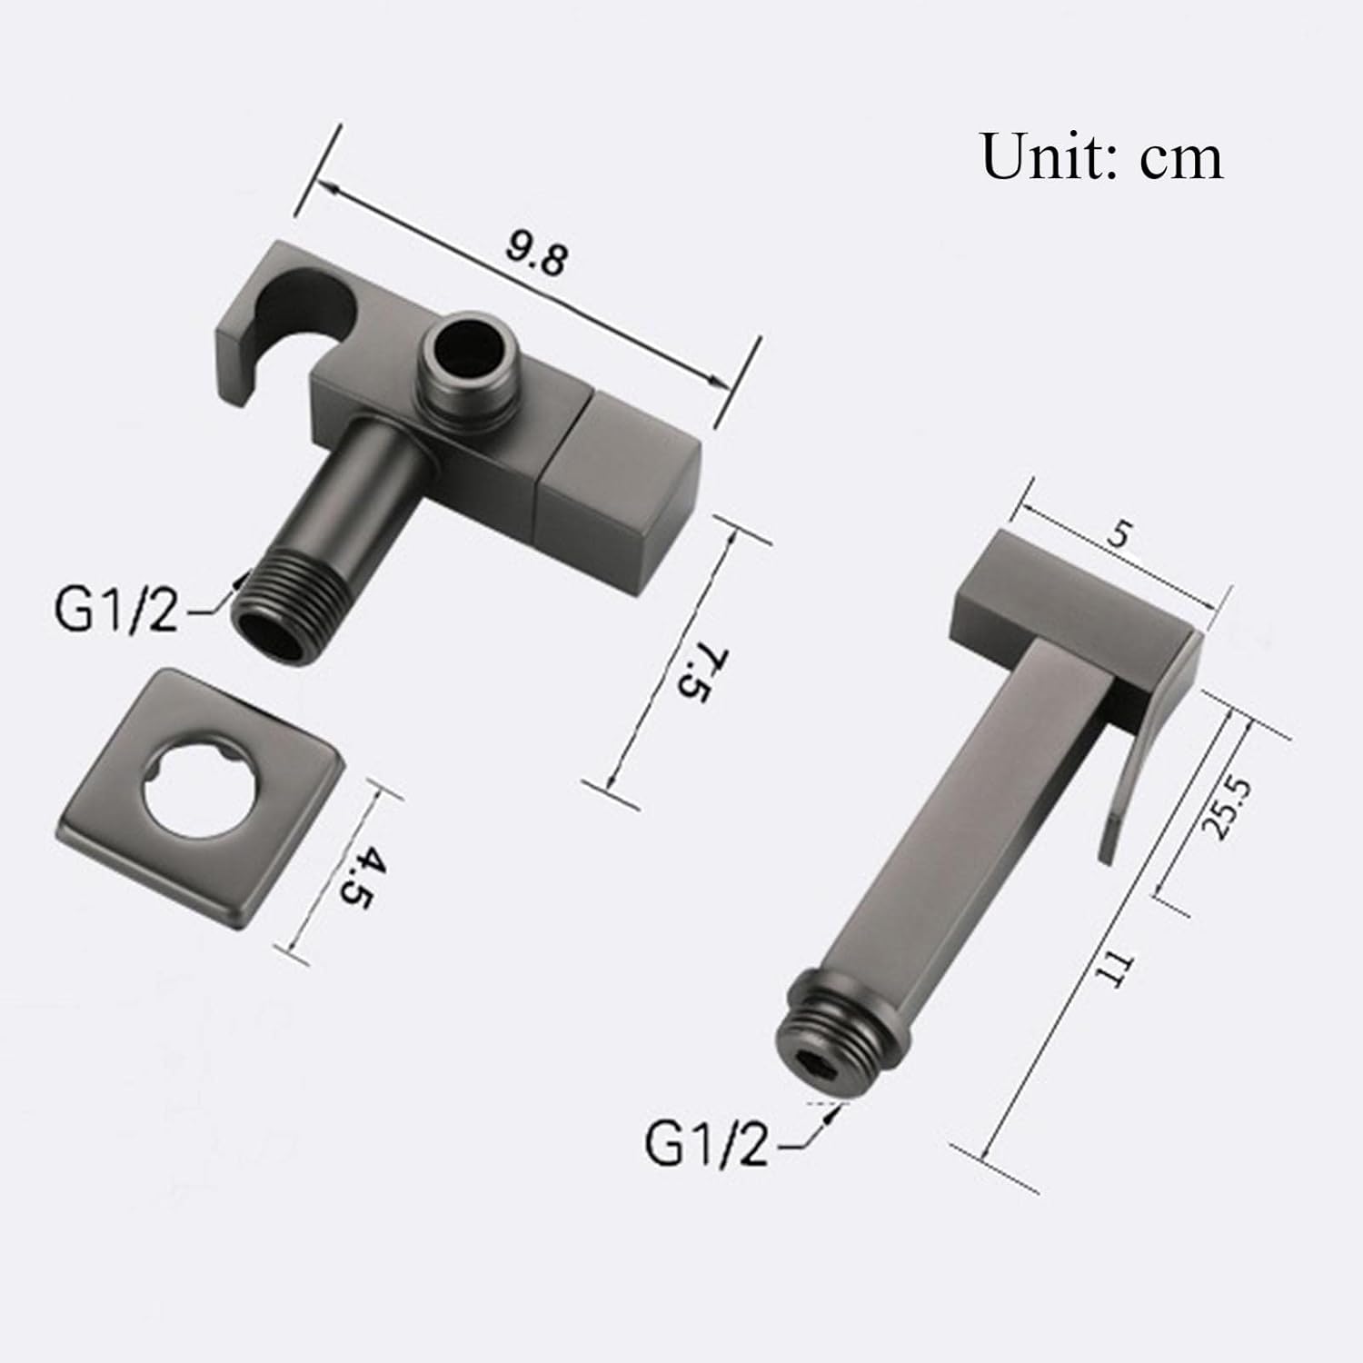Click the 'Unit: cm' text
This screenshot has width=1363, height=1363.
click(x=1101, y=156)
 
